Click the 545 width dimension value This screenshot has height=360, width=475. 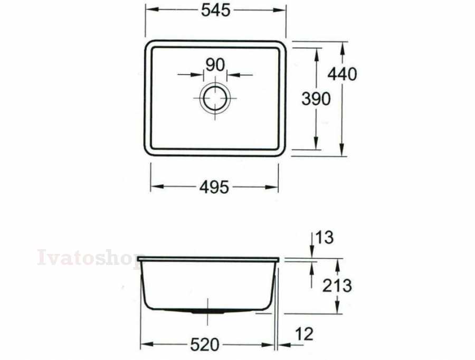click(216, 11)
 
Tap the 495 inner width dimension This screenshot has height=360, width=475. click(214, 187)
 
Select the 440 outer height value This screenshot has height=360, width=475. click(343, 74)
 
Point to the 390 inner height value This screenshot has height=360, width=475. click(316, 99)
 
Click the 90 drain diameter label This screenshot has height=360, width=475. click(215, 65)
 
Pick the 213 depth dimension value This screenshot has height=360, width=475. click(337, 286)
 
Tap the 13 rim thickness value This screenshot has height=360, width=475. click(325, 238)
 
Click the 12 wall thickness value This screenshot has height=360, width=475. click(304, 334)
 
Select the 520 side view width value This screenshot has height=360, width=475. click(204, 345)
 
